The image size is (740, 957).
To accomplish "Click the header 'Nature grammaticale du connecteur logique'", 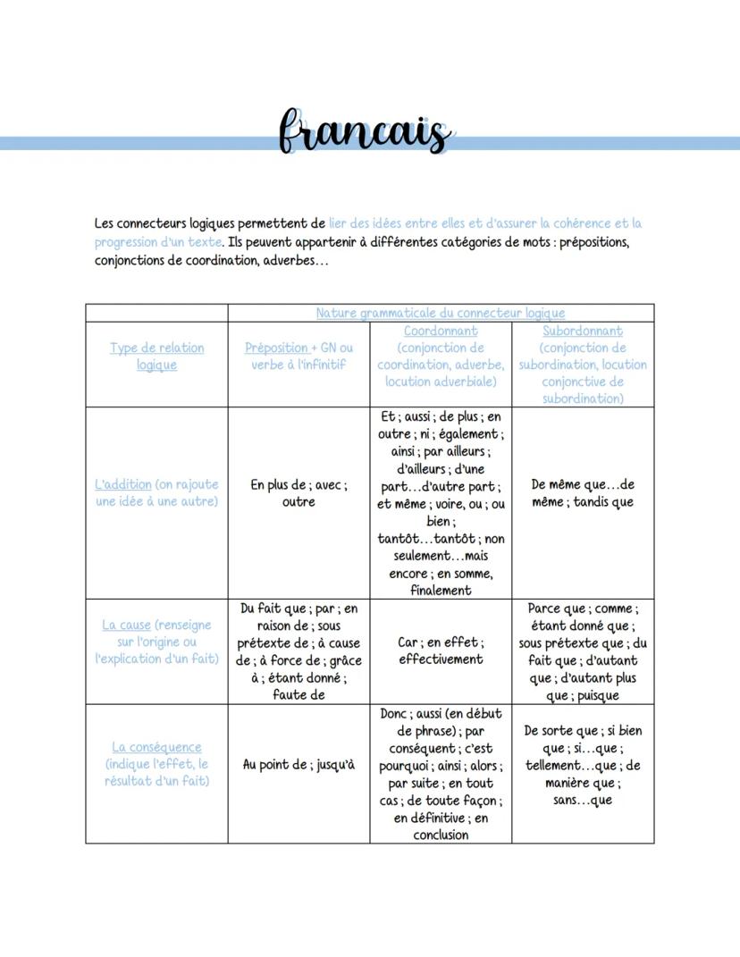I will pyautogui.click(x=440, y=313).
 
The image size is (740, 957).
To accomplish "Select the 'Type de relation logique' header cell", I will pyautogui.click(x=156, y=356).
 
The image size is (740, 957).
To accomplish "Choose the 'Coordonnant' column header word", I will pyautogui.click(x=440, y=331).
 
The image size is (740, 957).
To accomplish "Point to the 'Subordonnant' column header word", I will pyautogui.click(x=583, y=331).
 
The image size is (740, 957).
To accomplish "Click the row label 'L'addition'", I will pyautogui.click(x=123, y=484).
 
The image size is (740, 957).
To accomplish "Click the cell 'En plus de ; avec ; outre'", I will pyautogui.click(x=299, y=493).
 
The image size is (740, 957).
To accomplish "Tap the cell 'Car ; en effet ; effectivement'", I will pyautogui.click(x=441, y=651).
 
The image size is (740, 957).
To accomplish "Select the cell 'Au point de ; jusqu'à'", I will pyautogui.click(x=299, y=765).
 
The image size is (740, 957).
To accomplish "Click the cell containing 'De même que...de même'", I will pyautogui.click(x=583, y=493).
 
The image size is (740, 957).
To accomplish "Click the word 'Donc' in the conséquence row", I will pyautogui.click(x=394, y=713).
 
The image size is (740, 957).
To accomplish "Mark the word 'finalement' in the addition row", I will pyautogui.click(x=441, y=590).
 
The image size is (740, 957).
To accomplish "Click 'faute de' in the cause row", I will pyautogui.click(x=299, y=695).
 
